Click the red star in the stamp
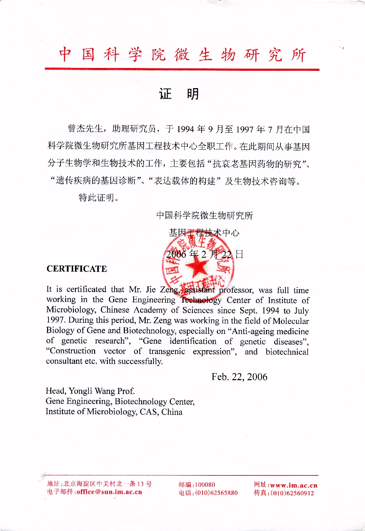pyautogui.click(x=197, y=268)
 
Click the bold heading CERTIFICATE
pyautogui.click(x=77, y=269)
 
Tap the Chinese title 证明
pyautogui.click(x=179, y=94)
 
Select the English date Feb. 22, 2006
pyautogui.click(x=239, y=377)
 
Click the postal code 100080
pyautogui.click(x=205, y=485)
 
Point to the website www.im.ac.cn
pyautogui.click(x=294, y=485)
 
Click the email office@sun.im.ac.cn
pyautogui.click(x=109, y=492)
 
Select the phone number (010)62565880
pyautogui.click(x=216, y=493)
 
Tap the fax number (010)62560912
pyautogui.click(x=292, y=493)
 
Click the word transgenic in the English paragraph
pyautogui.click(x=167, y=352)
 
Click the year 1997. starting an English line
pyautogui.click(x=56, y=320)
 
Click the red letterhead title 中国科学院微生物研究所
pyautogui.click(x=182, y=55)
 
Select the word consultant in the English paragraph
pyautogui.click(x=64, y=361)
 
